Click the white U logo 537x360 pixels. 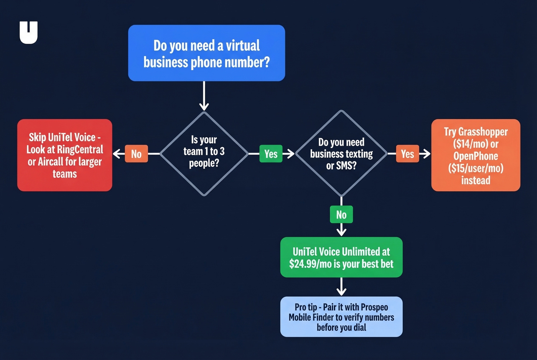click(x=28, y=32)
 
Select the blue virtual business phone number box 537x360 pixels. click(x=206, y=53)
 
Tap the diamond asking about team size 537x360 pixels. click(x=204, y=153)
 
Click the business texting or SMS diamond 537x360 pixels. click(x=341, y=153)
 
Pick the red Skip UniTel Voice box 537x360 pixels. click(x=65, y=155)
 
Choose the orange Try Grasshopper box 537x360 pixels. click(x=476, y=155)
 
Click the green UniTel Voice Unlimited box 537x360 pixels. click(x=341, y=257)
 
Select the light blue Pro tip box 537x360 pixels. click(x=341, y=317)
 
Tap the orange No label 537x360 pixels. click(x=136, y=154)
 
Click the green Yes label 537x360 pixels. click(x=271, y=154)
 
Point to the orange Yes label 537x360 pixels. click(x=407, y=154)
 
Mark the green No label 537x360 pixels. click(x=341, y=215)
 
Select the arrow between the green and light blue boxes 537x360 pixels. click(x=341, y=287)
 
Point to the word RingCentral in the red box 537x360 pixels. click(x=80, y=150)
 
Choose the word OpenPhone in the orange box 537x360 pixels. click(x=476, y=156)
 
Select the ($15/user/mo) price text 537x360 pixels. click(x=476, y=168)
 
